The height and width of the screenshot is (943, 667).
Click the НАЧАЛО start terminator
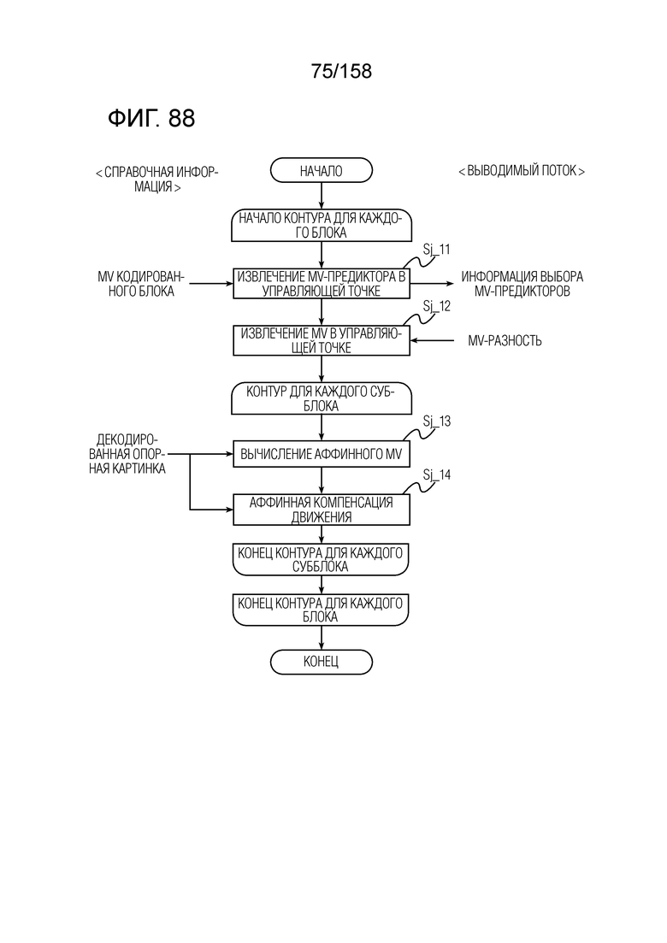(x=322, y=170)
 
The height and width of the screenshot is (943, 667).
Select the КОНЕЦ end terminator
(x=322, y=662)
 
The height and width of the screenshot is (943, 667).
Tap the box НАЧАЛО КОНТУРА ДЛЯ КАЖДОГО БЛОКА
(x=322, y=226)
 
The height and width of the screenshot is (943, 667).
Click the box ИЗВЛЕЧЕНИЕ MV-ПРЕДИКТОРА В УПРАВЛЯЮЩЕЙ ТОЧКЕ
(x=322, y=283)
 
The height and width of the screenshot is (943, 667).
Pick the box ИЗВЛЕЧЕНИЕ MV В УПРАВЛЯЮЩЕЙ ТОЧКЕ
(x=322, y=340)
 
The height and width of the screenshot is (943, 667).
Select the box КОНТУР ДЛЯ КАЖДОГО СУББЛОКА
(x=322, y=398)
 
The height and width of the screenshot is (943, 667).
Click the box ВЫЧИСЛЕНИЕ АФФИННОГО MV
(x=322, y=454)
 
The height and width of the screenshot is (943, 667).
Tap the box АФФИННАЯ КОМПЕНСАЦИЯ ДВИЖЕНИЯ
(x=322, y=510)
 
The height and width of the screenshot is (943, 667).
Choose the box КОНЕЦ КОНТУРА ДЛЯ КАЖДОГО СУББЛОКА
(x=321, y=559)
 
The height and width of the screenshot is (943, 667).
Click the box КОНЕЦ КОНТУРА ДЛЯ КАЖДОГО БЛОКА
(x=321, y=610)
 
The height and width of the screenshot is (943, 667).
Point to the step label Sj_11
(x=437, y=249)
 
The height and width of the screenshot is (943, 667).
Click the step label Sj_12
(x=437, y=306)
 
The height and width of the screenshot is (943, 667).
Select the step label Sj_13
(x=437, y=421)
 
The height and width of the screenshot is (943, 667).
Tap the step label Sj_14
(x=437, y=475)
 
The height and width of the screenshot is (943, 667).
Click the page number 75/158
(x=341, y=71)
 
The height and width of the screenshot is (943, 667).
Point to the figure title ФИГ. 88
(x=151, y=118)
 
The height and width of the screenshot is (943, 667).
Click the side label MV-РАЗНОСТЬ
(x=505, y=341)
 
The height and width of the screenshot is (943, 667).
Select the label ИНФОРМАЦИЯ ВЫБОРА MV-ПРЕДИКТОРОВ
(x=522, y=284)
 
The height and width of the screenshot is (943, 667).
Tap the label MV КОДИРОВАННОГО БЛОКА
(x=141, y=284)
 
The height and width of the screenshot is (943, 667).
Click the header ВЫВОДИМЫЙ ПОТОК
(x=522, y=171)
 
